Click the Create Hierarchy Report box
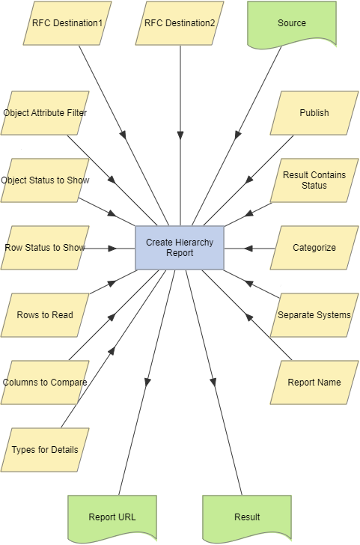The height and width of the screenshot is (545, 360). [x=180, y=248]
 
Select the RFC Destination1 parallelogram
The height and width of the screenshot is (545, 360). [x=67, y=23]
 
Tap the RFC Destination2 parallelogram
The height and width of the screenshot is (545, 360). [x=180, y=23]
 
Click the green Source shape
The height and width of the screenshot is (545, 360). [x=292, y=23]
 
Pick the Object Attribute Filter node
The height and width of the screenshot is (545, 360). [x=45, y=113]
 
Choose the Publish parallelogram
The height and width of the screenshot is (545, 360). [x=314, y=113]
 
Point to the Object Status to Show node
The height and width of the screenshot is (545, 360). [x=45, y=180]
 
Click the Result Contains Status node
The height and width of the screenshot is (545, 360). [x=314, y=180]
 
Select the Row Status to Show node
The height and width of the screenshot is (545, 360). [x=45, y=248]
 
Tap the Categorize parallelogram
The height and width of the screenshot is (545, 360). [x=314, y=248]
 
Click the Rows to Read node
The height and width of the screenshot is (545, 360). [x=45, y=315]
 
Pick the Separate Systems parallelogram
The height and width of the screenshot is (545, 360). [x=314, y=315]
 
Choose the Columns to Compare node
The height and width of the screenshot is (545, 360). [x=45, y=383]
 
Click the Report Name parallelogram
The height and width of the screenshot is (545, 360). [x=314, y=383]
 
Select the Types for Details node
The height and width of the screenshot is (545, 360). [x=45, y=450]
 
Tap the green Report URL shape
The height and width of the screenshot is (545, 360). [x=112, y=517]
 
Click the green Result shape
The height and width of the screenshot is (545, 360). [x=247, y=517]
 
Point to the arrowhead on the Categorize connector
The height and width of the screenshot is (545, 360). [x=249, y=248]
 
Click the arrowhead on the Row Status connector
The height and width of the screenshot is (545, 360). [x=113, y=248]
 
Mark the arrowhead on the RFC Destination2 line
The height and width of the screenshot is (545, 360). [x=180, y=136]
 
